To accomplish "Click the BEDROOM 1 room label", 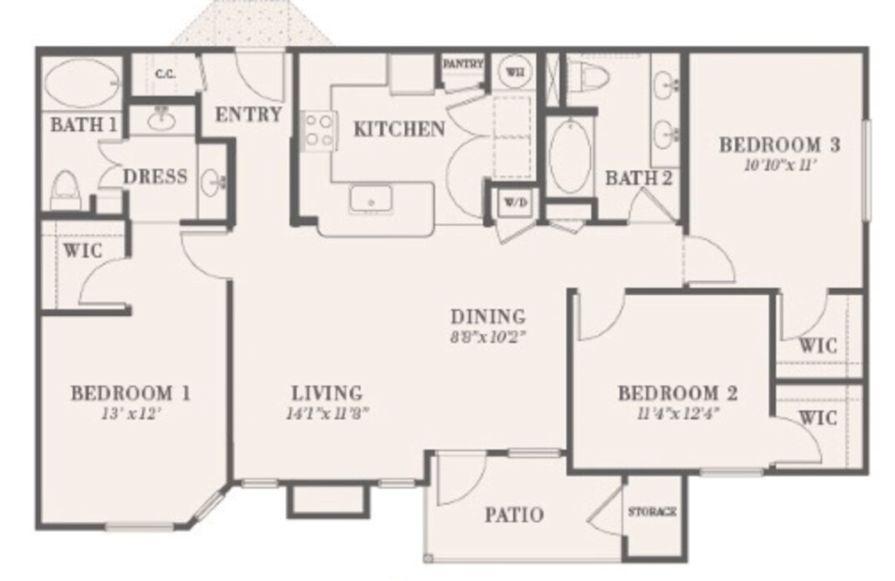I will [x=130, y=393].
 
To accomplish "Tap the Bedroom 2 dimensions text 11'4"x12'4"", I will [x=678, y=412].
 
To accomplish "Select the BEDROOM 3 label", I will [x=778, y=145].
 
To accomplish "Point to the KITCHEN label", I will [x=398, y=129].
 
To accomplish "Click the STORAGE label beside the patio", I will [x=652, y=511].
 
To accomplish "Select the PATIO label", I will [x=514, y=515].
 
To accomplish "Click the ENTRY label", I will [x=248, y=115].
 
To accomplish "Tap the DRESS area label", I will [x=155, y=178].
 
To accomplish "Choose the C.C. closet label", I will [x=164, y=74].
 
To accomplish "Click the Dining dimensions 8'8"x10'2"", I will [x=487, y=338].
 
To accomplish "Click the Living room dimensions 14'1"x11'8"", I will [x=327, y=413].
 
